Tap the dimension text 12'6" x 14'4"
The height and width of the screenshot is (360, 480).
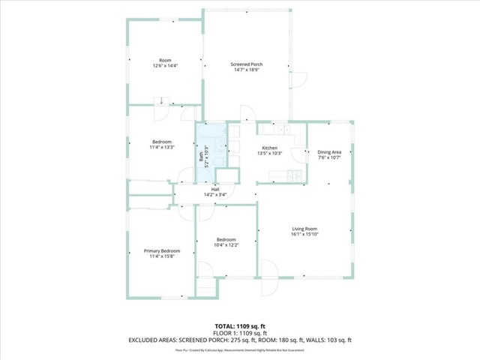tap(164, 66)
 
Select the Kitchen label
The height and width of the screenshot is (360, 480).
tap(270, 148)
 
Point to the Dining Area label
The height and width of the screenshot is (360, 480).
tap(329, 151)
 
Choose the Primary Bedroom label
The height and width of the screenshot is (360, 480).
tap(162, 250)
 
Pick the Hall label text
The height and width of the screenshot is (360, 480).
tap(215, 189)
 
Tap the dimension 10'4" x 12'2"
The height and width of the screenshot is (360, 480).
tap(226, 245)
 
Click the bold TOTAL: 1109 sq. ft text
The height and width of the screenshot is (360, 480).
tap(240, 325)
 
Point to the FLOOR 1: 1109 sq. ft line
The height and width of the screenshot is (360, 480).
tap(240, 332)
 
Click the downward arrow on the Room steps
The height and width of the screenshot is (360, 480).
tap(161, 101)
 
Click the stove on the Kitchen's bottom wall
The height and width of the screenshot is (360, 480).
tap(293, 176)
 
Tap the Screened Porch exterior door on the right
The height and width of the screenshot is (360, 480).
tap(299, 79)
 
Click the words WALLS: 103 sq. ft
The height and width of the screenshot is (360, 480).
tap(328, 340)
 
